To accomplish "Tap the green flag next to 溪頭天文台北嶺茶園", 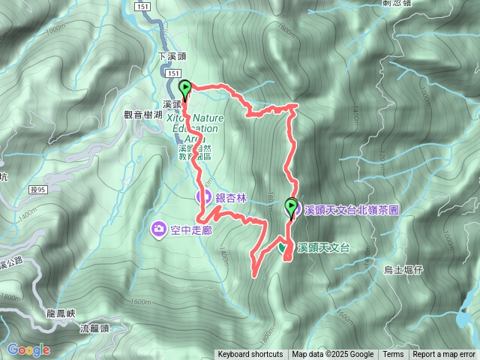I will pos(292,205).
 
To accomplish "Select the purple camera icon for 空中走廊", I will pos(158,229).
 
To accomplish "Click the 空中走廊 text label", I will pos(191,229).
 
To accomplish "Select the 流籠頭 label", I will pos(94,328).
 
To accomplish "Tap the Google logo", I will pos(28,349).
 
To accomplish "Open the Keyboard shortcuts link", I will pos(250,355).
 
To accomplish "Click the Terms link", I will pos(393,355).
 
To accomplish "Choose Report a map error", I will pos(445,355).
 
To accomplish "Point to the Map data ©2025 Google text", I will pos(332,355).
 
